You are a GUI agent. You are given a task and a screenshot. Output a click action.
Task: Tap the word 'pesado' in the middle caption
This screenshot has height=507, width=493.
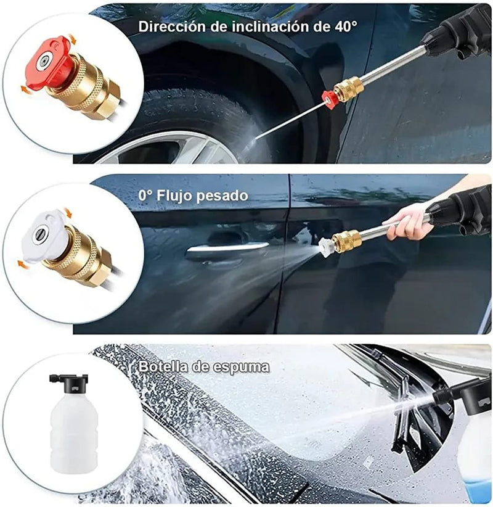224,196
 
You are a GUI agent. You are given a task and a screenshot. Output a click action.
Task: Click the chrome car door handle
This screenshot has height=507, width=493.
228,248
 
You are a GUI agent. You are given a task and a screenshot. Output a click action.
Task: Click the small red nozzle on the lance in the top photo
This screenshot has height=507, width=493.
330,98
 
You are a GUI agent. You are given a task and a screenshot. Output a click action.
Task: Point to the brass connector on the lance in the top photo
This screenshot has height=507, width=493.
348,88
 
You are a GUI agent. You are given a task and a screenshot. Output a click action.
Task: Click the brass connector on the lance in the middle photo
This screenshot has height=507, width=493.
346,240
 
